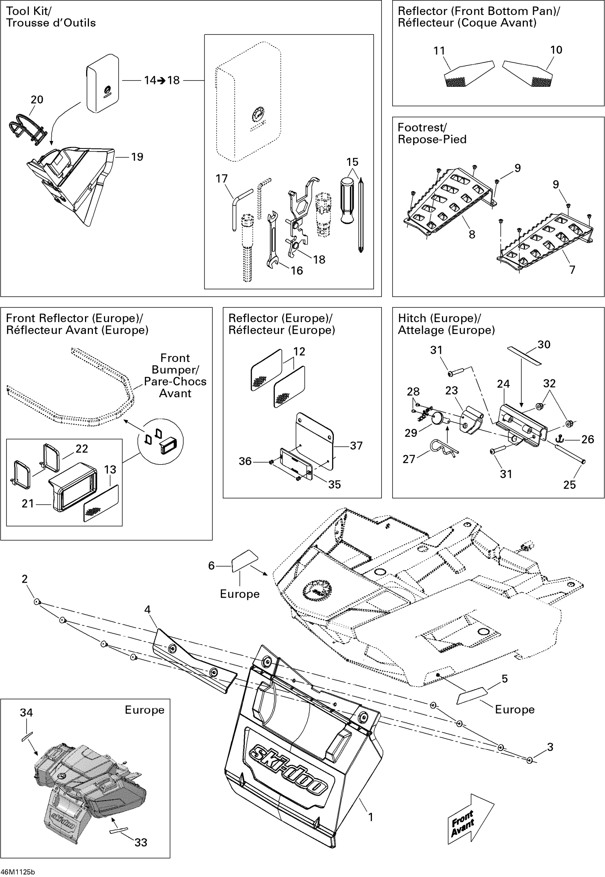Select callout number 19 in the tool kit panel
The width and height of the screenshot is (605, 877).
[x=137, y=157]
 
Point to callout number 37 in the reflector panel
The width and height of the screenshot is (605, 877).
[x=356, y=446]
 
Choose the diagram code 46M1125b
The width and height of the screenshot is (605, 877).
[x=18, y=872]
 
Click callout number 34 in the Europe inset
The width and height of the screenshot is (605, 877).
[x=26, y=713]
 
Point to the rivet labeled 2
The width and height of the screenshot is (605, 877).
[x=37, y=602]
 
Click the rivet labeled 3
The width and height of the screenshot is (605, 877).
[x=530, y=760]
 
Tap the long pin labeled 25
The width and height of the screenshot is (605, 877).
[x=570, y=454]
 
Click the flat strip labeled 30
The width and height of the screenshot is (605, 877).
[x=525, y=355]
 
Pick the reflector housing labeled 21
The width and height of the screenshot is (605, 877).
[x=73, y=487]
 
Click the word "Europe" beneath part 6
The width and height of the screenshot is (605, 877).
[x=240, y=594]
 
